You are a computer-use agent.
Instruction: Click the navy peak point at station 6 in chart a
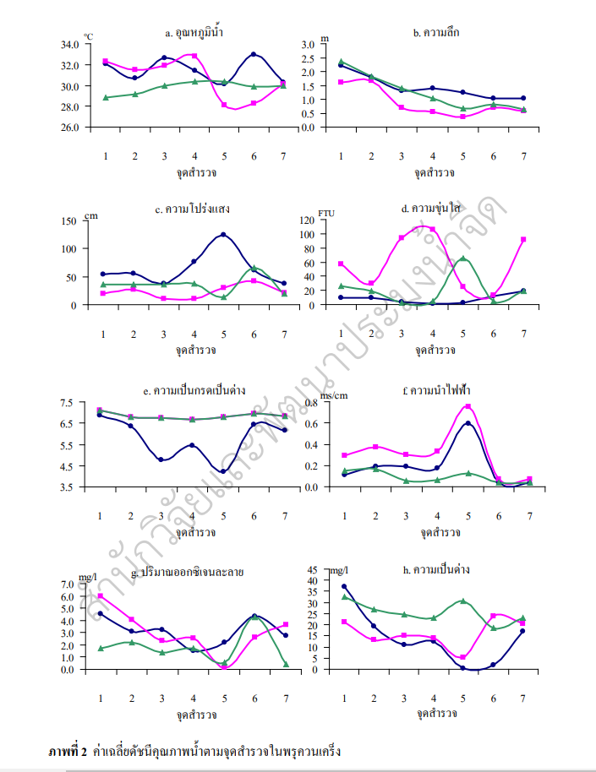pyautogui.click(x=254, y=54)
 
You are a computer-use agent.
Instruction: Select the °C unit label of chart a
pyautogui.click(x=88, y=37)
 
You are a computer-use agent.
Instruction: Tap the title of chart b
pyautogui.click(x=435, y=33)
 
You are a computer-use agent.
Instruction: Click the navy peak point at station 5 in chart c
pyautogui.click(x=224, y=235)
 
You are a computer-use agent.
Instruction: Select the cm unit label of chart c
pyautogui.click(x=91, y=215)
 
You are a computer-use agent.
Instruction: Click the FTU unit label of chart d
pyautogui.click(x=326, y=213)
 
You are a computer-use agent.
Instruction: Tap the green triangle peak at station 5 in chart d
pyautogui.click(x=462, y=258)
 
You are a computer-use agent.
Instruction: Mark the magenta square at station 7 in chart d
pyautogui.click(x=524, y=240)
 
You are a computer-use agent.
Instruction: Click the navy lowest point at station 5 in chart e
pyautogui.click(x=224, y=471)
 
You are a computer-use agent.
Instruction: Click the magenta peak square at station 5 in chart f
pyautogui.click(x=468, y=407)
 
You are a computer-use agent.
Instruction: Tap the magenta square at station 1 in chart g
pyautogui.click(x=101, y=596)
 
